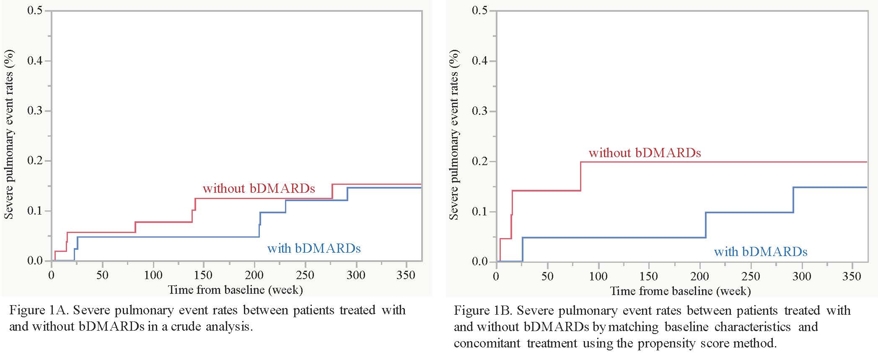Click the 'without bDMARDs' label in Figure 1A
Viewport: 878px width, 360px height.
[259, 189]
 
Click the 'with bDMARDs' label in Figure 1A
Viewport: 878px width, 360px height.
[314, 249]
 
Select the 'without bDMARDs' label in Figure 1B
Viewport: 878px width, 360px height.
[645, 153]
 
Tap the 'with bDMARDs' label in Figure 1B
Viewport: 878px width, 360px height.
[760, 251]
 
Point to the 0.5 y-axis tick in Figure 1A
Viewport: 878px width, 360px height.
[35, 10]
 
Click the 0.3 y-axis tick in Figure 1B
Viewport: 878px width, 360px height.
[480, 111]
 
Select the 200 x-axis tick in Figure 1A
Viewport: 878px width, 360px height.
[254, 275]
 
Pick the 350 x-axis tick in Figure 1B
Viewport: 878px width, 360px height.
[852, 277]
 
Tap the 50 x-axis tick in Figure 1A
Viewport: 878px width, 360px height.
[102, 275]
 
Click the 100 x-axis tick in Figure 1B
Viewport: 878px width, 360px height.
[598, 277]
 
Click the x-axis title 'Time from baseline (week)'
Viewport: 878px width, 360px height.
[235, 290]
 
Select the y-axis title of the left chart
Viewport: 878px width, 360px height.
[9, 134]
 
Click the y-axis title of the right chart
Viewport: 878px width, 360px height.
[453, 134]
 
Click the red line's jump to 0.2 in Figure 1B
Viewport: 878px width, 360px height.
[581, 176]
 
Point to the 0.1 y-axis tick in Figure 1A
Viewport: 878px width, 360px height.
[35, 211]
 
